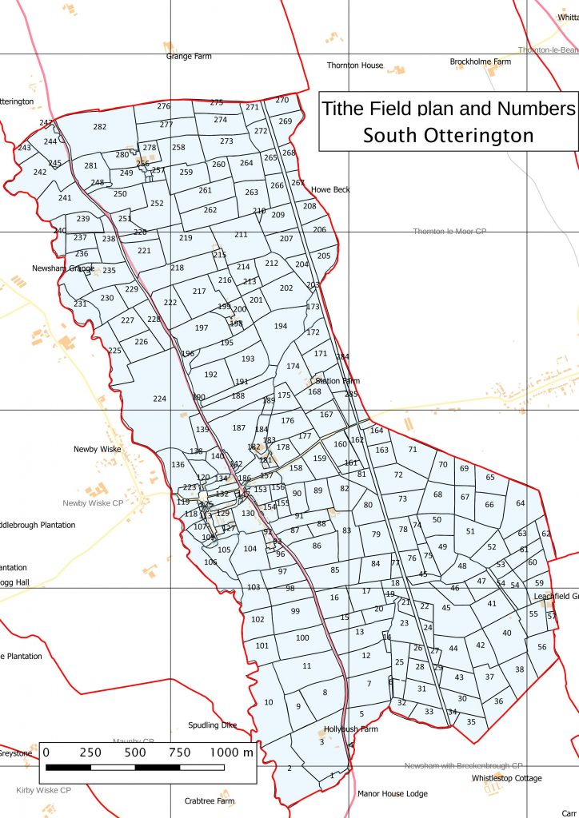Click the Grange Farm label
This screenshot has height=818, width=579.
190,57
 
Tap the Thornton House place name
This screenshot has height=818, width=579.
355,66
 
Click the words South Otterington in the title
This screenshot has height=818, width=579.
448,135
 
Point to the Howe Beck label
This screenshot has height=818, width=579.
330,189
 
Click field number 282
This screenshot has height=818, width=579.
100,127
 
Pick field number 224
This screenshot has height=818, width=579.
160,399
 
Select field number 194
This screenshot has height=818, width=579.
280,326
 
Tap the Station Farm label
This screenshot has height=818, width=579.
333,381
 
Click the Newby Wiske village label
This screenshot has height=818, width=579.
97,449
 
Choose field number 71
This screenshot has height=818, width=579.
413,450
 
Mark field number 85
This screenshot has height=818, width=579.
335,570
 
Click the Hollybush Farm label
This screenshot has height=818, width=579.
350,729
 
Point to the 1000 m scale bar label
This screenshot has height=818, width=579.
230,752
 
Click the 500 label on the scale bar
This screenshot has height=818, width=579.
135,752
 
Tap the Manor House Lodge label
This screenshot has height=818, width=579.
392,794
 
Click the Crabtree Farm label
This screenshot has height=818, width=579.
209,801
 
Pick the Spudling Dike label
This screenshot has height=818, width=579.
213,725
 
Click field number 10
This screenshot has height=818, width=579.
269,702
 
